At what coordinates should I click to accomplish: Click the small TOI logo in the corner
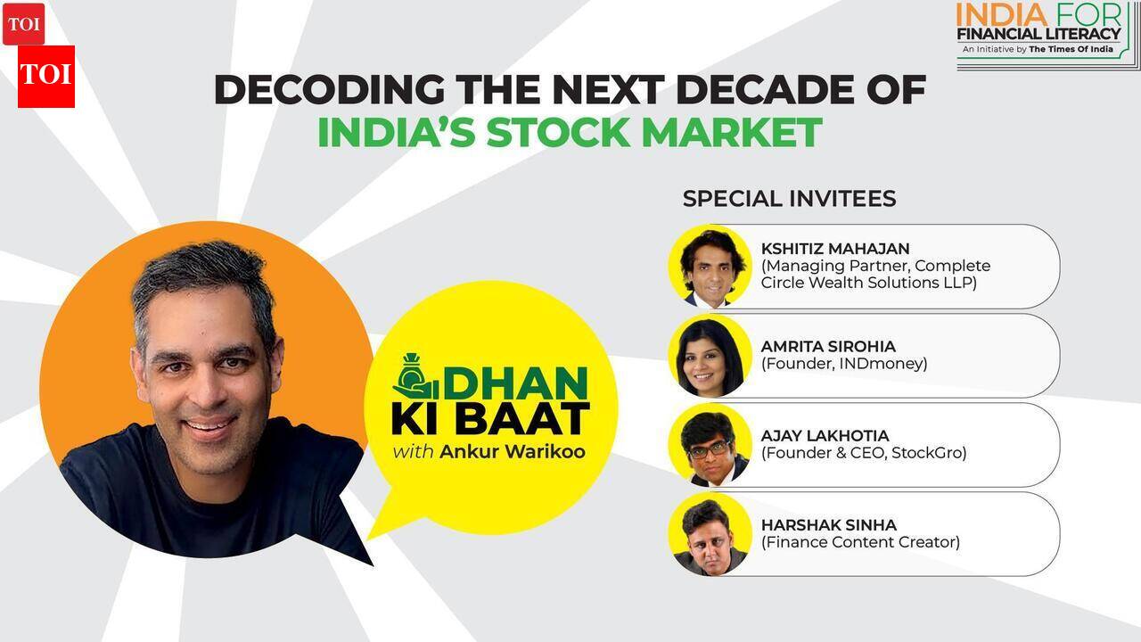(23, 24)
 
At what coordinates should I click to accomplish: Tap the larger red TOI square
(46, 76)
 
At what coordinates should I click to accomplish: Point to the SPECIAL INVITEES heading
(789, 198)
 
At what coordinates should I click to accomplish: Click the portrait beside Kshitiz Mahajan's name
(710, 266)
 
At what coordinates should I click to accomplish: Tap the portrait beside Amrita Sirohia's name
(710, 355)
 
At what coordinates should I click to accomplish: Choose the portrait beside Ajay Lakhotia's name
(710, 444)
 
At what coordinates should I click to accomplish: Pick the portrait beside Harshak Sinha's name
(710, 533)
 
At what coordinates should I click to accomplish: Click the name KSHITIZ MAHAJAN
(835, 249)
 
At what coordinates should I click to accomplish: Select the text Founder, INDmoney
(844, 364)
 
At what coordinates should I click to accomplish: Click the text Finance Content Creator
(860, 542)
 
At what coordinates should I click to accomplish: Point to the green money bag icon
(415, 376)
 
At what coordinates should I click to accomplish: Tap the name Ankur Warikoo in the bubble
(513, 451)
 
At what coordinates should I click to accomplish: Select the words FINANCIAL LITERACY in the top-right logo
(1038, 34)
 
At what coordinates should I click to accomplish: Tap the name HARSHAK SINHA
(829, 525)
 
